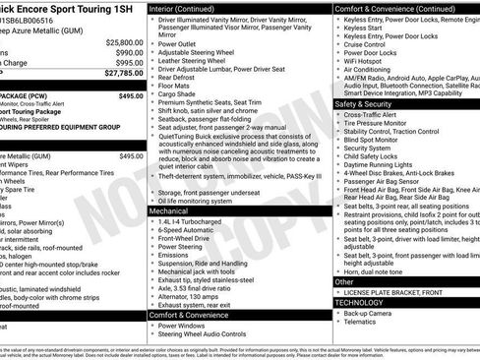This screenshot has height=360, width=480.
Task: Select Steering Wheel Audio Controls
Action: (x=212, y=333)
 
